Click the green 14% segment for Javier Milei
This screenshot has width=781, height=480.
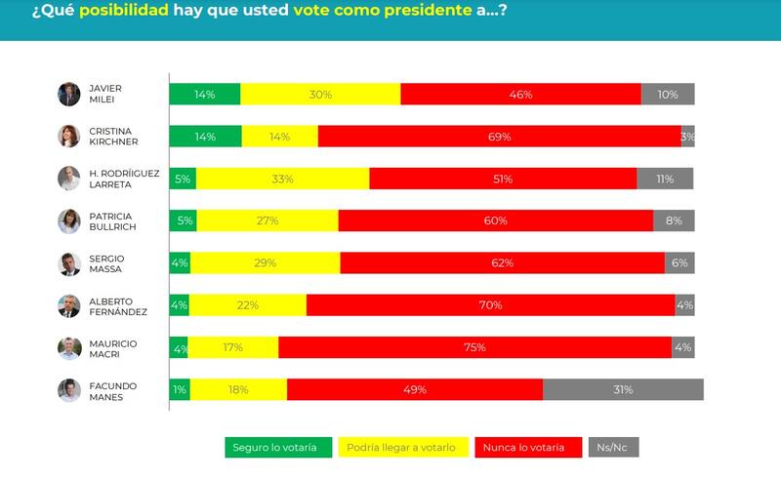pos(205,95)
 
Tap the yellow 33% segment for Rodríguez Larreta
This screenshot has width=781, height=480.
pos(282,180)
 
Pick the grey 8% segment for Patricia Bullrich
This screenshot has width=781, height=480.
pos(674,221)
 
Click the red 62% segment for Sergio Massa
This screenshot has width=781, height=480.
pos(502,263)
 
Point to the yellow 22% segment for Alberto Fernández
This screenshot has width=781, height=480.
pos(247,305)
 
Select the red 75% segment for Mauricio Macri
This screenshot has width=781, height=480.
pos(474,347)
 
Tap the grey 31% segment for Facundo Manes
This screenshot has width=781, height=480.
pos(623,389)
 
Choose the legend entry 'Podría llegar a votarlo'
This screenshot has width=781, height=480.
pos(400,448)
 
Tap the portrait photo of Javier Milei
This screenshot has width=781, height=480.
pos(68,95)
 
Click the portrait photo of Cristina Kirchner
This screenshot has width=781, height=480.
pos(68,137)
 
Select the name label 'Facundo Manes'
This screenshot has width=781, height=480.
pos(109,390)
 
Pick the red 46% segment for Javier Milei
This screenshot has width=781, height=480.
pos(520,95)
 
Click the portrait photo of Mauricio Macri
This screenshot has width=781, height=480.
pos(68,348)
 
